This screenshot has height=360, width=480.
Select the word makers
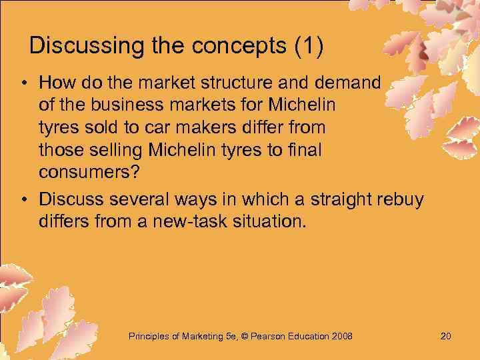pyautogui.click(x=191, y=129)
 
